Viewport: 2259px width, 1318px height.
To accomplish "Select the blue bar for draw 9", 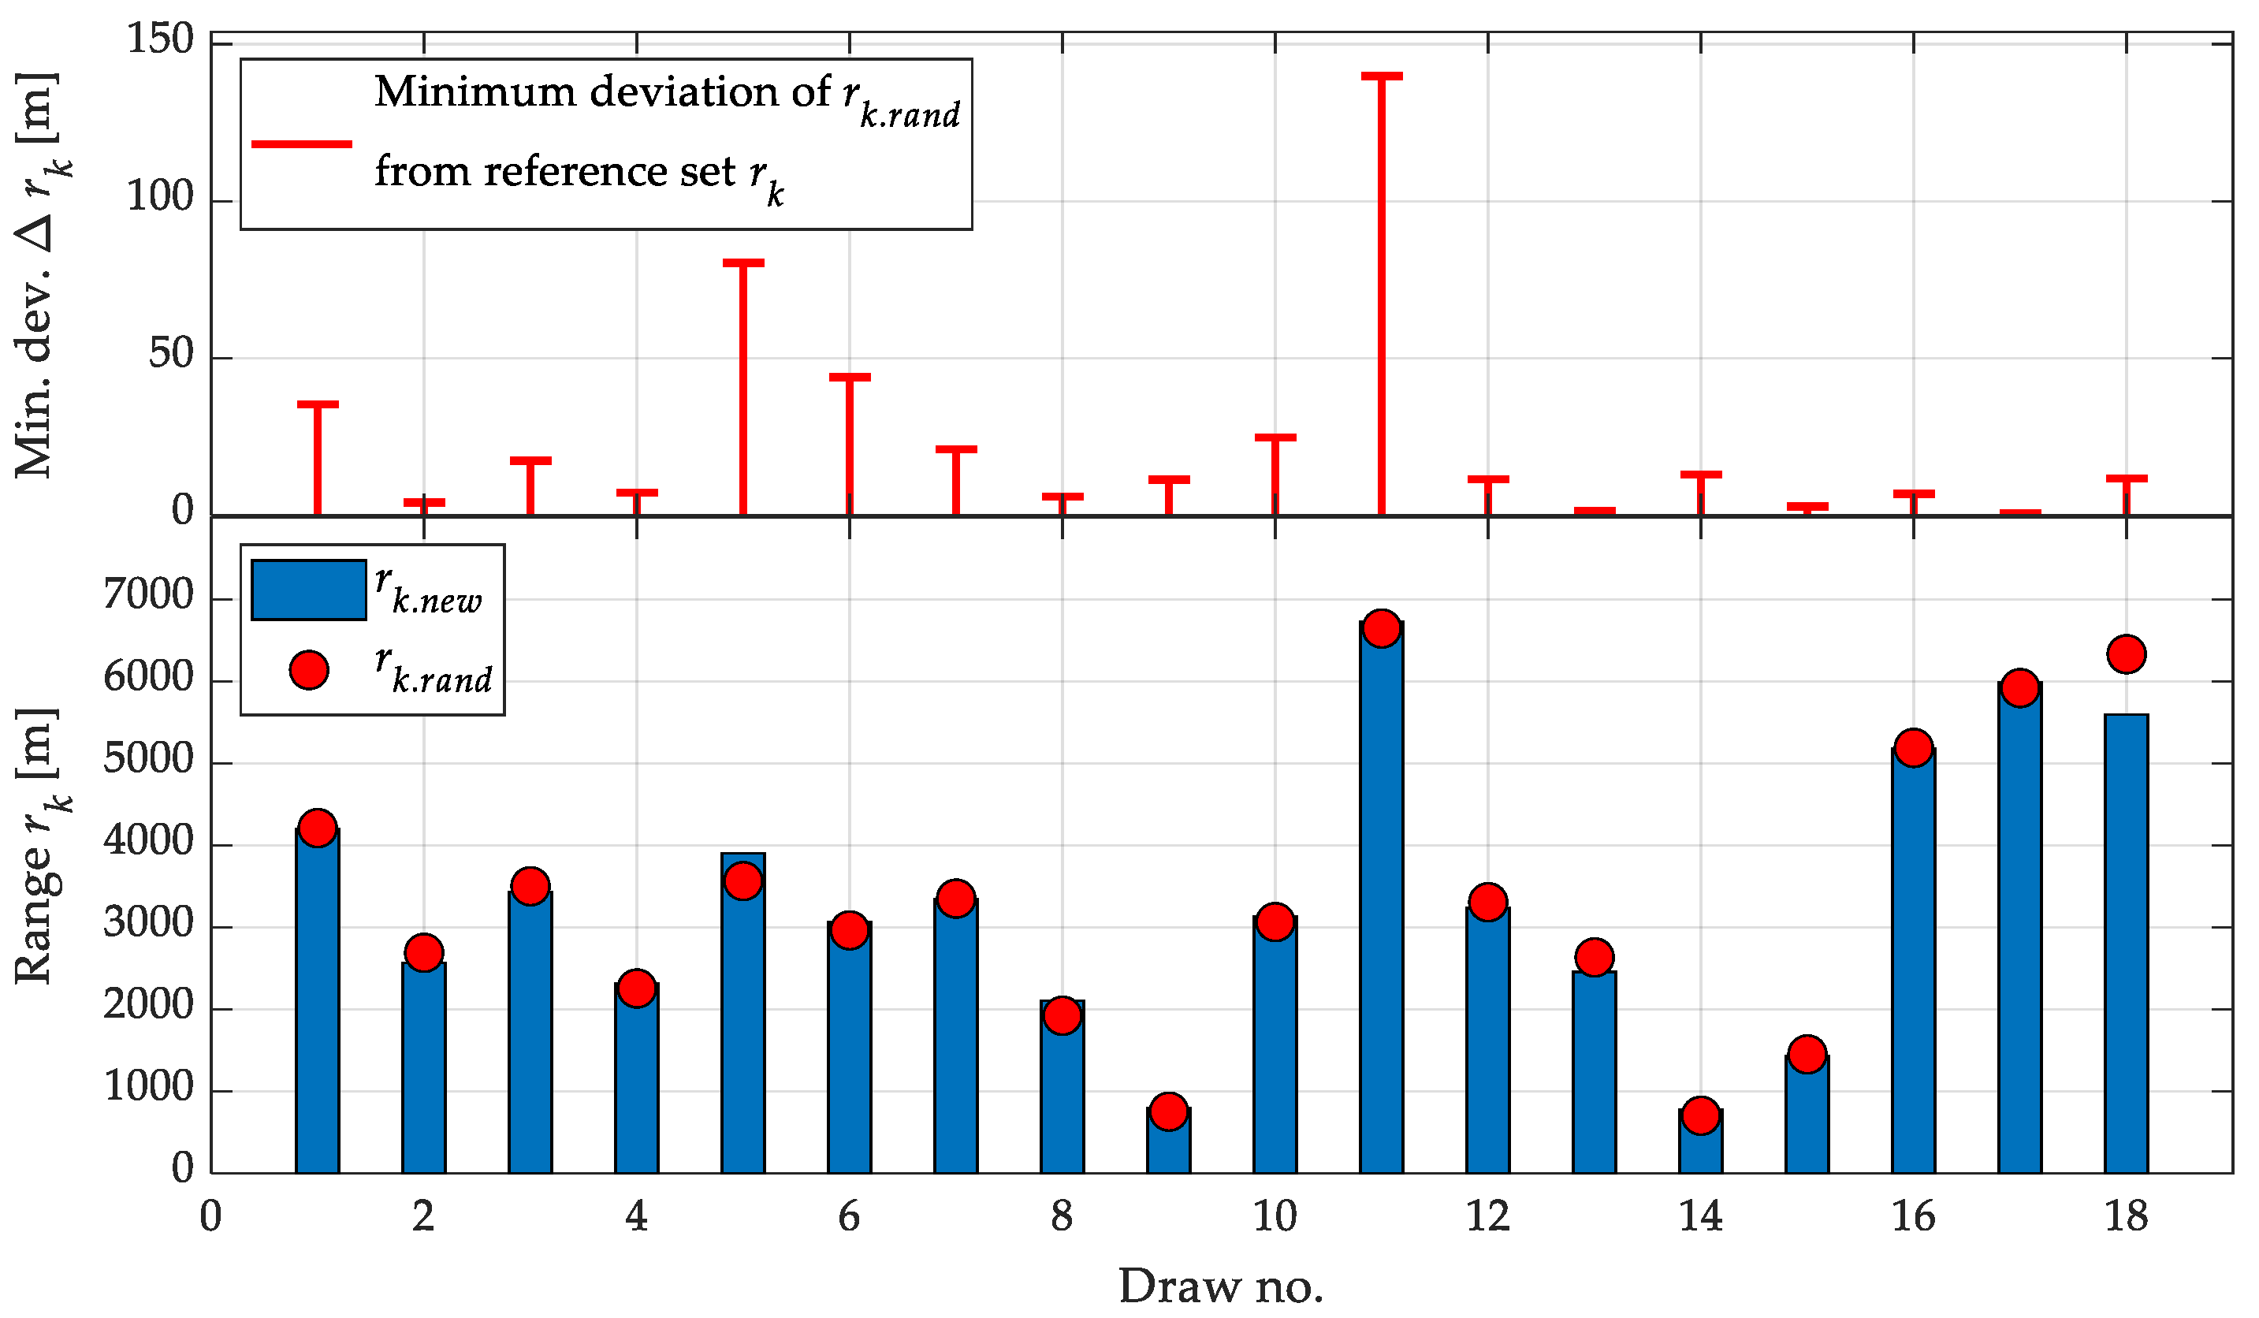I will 1168,1149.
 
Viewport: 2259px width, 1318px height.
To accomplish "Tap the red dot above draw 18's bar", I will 2127,653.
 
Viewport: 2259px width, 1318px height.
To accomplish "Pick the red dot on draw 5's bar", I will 743,881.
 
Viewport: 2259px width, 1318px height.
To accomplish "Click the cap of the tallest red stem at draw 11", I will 1382,76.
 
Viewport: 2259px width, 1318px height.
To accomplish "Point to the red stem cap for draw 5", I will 743,262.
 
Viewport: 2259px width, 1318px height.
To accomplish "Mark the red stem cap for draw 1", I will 318,404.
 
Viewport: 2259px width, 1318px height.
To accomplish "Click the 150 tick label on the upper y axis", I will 159,39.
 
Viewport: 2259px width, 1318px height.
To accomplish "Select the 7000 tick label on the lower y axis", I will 148,595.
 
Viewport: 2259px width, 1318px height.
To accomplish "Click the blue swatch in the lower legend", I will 308,590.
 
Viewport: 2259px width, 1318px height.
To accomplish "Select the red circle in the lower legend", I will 308,670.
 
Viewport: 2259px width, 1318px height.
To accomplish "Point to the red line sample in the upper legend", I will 301,143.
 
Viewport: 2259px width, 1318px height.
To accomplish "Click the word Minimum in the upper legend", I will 475,92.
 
